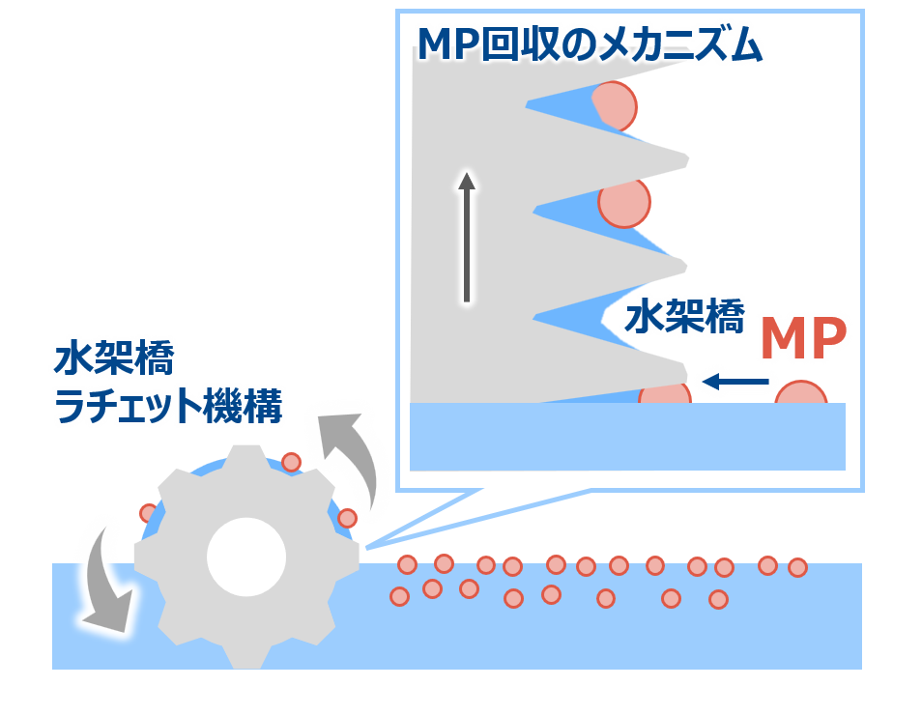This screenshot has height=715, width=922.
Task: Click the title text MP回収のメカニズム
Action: pos(590,44)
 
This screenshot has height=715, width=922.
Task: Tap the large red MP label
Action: pos(803,338)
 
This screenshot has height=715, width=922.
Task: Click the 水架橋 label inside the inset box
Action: pos(684,317)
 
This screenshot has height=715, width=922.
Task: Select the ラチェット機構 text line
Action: pos(167,407)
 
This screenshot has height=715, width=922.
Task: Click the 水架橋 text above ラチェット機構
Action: pos(114,360)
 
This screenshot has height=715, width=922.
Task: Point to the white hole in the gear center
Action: pos(246,557)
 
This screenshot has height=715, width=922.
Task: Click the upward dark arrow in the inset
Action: pos(467,237)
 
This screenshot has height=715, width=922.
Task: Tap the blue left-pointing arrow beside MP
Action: pos(736,382)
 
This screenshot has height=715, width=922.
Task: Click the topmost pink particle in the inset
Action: pos(615,104)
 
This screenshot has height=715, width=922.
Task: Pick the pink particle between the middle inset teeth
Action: pos(623,203)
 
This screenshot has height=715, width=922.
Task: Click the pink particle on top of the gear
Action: pos(291,462)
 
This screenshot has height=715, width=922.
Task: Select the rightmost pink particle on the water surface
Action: pos(797,567)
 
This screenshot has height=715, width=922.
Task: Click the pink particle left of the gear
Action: pos(148,512)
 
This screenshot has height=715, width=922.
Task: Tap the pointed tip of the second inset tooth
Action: pos(688,156)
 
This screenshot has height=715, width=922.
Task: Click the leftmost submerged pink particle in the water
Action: pos(399,596)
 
